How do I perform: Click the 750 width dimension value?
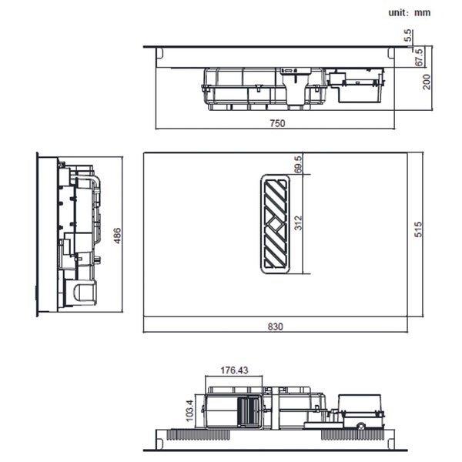point(277,123)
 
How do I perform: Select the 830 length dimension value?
point(275,326)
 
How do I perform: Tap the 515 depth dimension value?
point(418,229)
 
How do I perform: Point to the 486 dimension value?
point(117,236)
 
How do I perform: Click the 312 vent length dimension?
point(299,223)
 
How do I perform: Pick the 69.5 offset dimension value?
point(298,165)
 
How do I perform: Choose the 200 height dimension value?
point(427,82)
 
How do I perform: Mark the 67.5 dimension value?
point(419,58)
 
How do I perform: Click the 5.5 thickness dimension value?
point(408,35)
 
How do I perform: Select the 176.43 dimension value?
point(235,370)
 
